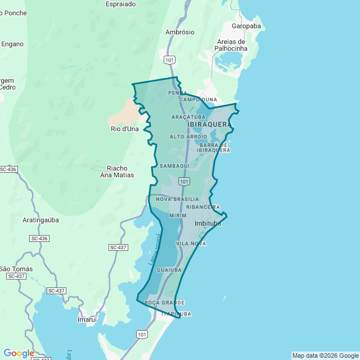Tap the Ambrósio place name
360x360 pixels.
pos(180,32)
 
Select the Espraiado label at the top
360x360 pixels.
pos(120,3)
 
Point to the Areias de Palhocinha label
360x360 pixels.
pos(231,45)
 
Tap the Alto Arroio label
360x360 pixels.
pos(188,137)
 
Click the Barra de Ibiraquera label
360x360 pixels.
pos(214,147)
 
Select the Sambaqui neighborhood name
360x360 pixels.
pos(174,166)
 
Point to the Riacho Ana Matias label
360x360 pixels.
pos(117,172)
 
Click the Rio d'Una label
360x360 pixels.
pos(124,129)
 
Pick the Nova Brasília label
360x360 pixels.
pos(177,199)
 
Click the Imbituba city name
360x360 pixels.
pos(208,223)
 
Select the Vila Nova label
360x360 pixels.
pos(191,244)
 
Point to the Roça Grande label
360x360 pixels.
pos(164,303)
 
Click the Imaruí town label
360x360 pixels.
pos(87,319)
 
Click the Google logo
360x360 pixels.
pos(19,353)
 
